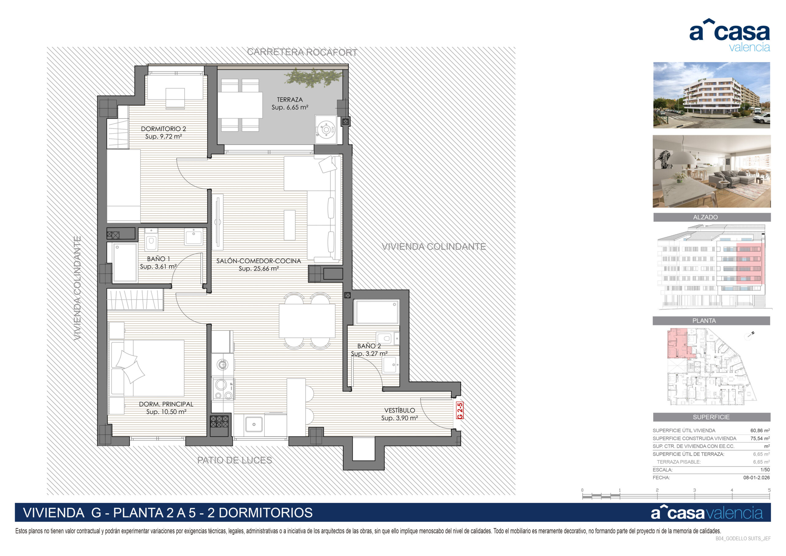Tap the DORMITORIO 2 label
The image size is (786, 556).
click(x=163, y=129)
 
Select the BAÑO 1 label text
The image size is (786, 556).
click(x=158, y=259)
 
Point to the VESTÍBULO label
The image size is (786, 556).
click(x=399, y=410)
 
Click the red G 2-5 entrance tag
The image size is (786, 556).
click(x=460, y=410)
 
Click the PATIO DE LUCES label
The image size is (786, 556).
click(x=235, y=460)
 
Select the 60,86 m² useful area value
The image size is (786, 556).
click(x=760, y=431)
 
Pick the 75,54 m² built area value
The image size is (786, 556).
click(x=760, y=438)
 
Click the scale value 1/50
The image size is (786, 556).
click(x=765, y=470)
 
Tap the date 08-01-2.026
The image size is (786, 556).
click(x=757, y=478)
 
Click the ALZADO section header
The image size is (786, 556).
click(x=705, y=217)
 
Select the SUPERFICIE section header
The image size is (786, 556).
click(x=711, y=417)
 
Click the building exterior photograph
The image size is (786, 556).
click(x=711, y=95)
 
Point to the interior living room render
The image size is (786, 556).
click(x=711, y=171)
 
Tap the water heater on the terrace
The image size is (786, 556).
click(x=325, y=130)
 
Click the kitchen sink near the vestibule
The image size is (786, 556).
click(x=254, y=425)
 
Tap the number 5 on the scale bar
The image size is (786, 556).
click(x=769, y=490)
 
